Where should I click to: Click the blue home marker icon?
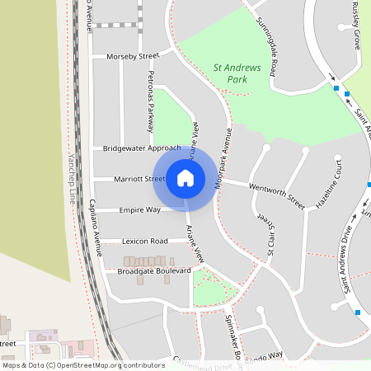[x=185, y=177]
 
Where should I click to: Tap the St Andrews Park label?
[x=242, y=74]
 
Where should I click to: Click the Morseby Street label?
[x=132, y=57]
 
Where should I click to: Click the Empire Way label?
[x=139, y=210]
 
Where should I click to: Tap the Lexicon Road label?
[x=144, y=242]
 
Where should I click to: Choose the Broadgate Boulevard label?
[x=154, y=270]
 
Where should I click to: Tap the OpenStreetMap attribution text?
[x=83, y=364]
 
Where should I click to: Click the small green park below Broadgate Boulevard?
[x=210, y=289]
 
